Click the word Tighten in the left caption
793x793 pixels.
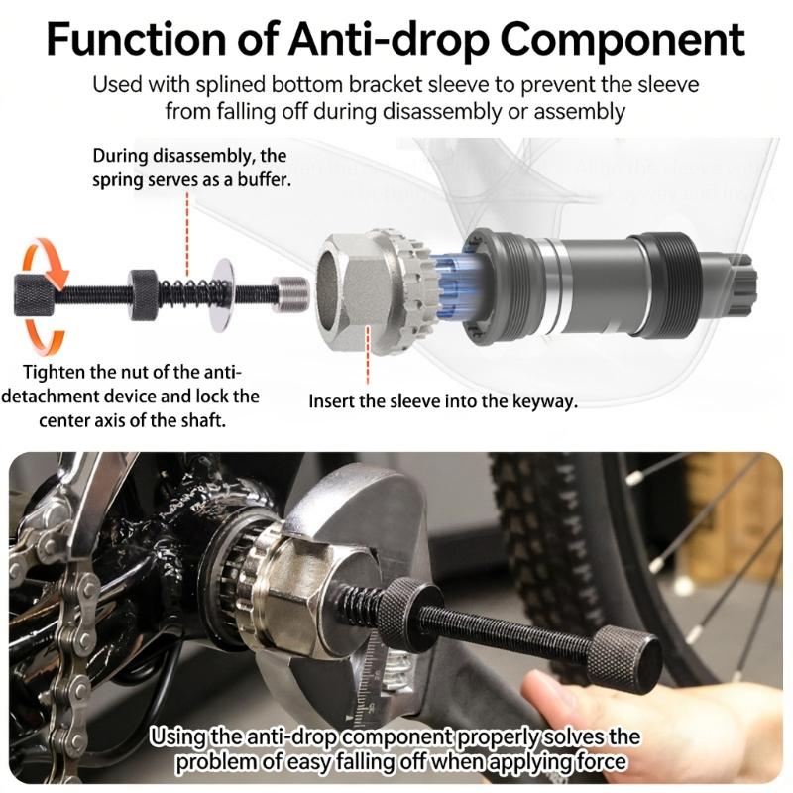click(x=56, y=374)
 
